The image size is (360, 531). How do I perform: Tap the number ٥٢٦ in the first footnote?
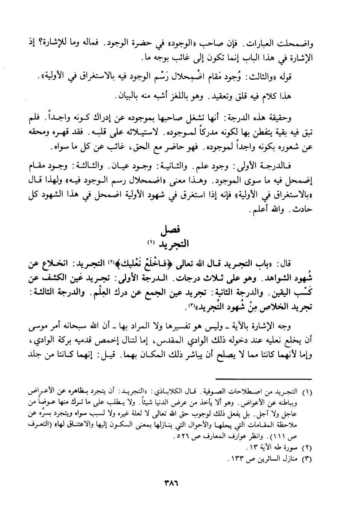tap(181, 438)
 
